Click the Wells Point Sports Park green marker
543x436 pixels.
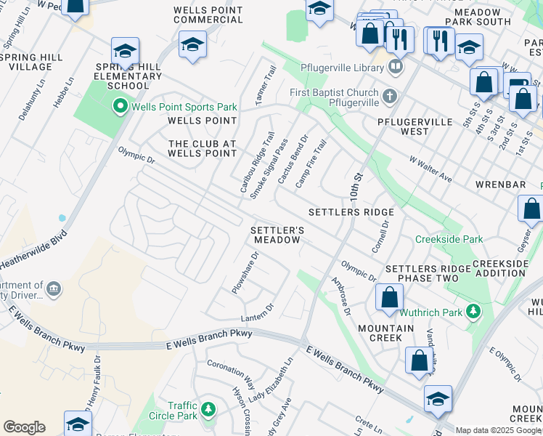click(121, 107)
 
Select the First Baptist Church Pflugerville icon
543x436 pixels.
click(390, 96)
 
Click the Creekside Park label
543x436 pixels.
click(449, 239)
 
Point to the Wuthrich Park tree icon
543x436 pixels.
click(473, 312)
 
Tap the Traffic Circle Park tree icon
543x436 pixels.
click(208, 410)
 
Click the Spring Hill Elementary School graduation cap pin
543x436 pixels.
click(125, 52)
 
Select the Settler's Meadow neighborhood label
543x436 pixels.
click(276, 234)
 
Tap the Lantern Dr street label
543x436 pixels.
click(258, 312)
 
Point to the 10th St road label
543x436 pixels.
click(356, 187)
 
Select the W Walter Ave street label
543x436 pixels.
click(430, 169)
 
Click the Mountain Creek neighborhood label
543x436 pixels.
click(385, 333)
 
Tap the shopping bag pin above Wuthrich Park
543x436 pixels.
click(390, 296)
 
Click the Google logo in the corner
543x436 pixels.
click(24, 427)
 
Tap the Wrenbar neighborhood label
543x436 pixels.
click(500, 185)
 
